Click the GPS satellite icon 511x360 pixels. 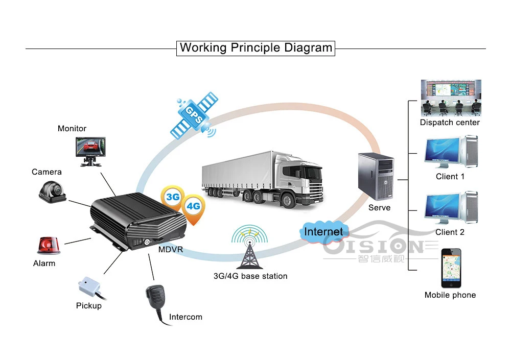(x=194, y=115)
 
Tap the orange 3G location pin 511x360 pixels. (x=173, y=198)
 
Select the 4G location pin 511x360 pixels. (x=193, y=208)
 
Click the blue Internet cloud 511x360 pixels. (x=324, y=232)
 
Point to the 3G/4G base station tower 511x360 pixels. (x=250, y=247)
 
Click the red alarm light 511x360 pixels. (x=49, y=245)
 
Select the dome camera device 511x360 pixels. (x=53, y=191)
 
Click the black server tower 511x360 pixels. (x=376, y=176)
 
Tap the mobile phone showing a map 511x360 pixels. (x=451, y=268)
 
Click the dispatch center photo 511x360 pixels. (x=451, y=98)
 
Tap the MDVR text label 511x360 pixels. (x=171, y=250)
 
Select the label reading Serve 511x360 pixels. (x=379, y=207)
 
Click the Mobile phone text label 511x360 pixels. (x=450, y=295)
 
